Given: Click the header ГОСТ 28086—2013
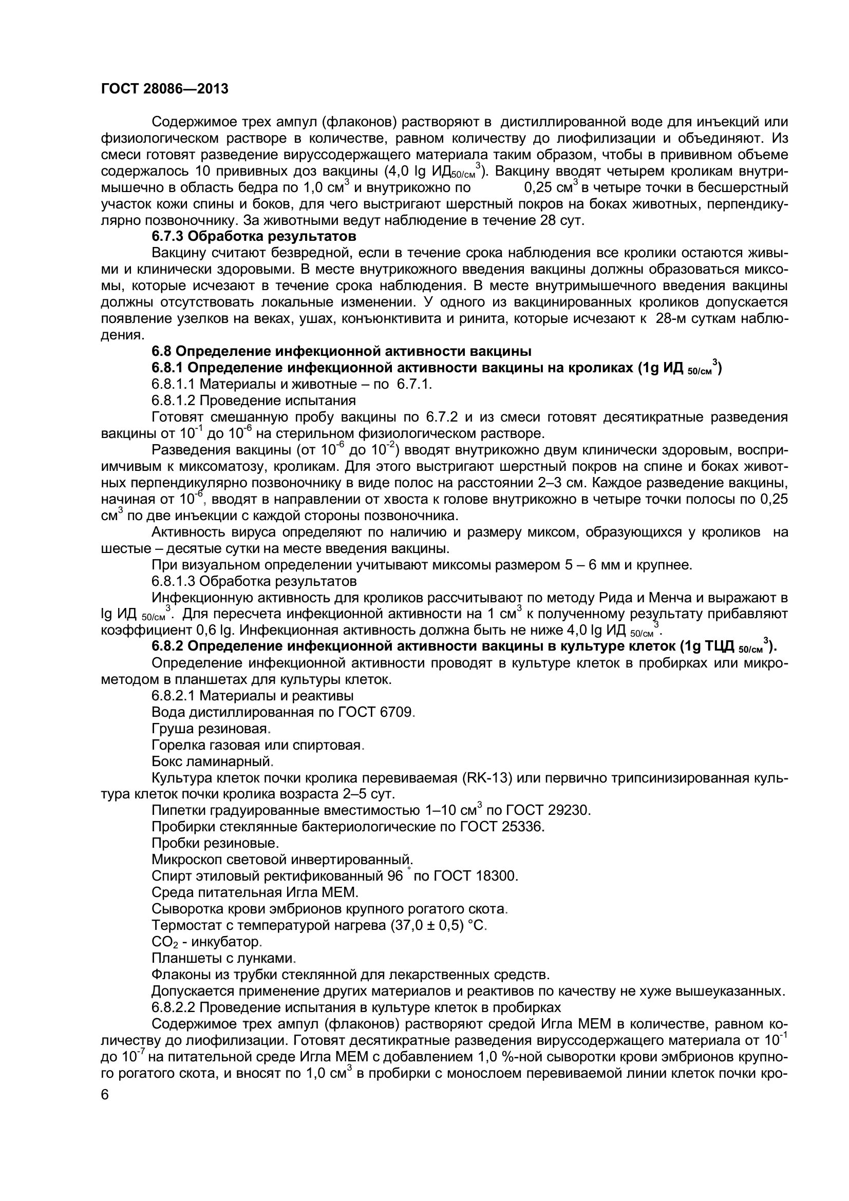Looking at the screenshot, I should click(165, 89).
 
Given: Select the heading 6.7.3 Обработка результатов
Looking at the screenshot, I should click(254, 236).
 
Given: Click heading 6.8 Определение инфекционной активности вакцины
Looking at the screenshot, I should click(341, 351).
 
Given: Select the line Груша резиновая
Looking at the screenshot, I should click(210, 729).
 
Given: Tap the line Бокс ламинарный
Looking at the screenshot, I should click(213, 761).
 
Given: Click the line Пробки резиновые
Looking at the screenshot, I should click(215, 843).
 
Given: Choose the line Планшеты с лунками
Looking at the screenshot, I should click(223, 958).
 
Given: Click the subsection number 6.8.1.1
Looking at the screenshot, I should click(173, 384).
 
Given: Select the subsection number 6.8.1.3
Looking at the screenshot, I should click(173, 581).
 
